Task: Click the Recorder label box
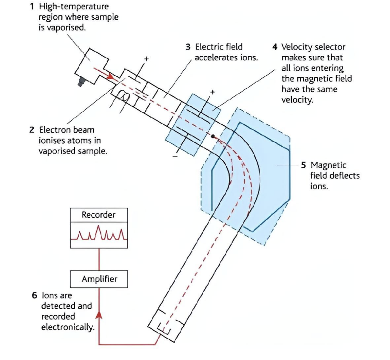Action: point(99,215)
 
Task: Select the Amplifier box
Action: point(99,279)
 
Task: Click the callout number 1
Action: point(32,6)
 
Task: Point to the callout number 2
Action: point(31,130)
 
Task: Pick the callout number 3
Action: point(188,47)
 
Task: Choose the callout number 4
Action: point(275,47)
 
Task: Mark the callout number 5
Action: point(303,165)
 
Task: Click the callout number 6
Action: point(34,296)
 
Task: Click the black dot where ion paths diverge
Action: point(213,137)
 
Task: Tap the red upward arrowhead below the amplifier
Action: point(99,314)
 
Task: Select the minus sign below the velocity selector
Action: point(175,156)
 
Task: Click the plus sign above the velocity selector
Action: point(212,92)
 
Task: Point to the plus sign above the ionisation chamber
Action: point(146,59)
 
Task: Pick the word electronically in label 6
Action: point(67,327)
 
